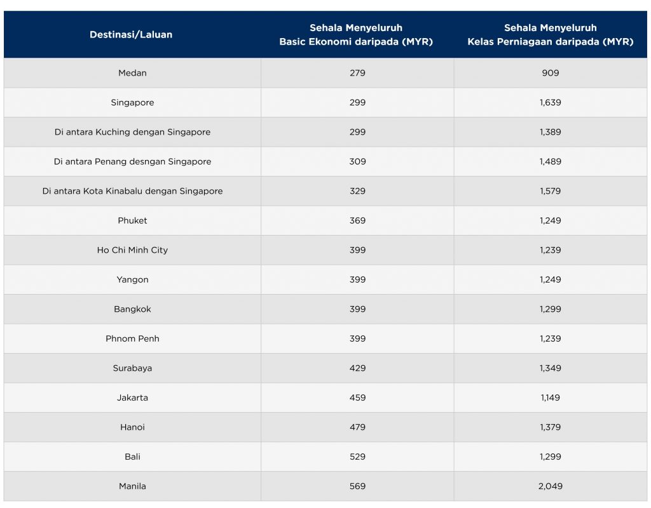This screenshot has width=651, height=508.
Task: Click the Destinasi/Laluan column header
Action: [131, 34]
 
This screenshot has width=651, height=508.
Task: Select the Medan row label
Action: [132, 73]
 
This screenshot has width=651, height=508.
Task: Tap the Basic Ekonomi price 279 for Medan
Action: [357, 73]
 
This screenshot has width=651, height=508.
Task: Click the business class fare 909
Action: [550, 73]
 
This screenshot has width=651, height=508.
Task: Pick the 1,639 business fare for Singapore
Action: [550, 102]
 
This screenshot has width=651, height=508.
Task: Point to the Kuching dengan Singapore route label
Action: [132, 132]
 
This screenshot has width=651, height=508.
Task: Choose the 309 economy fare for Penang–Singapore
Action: [357, 161]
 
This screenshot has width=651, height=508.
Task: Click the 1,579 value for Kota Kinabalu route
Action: [550, 190]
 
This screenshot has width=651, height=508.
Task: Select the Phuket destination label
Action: [132, 220]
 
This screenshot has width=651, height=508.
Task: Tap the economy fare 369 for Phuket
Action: [357, 220]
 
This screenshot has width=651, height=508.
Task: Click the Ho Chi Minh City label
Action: [132, 250]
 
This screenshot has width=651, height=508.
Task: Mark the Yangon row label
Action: [132, 279]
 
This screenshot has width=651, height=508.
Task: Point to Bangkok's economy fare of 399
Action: [357, 309]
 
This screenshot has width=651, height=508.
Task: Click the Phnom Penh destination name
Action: [132, 338]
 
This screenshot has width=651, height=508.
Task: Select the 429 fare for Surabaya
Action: [357, 368]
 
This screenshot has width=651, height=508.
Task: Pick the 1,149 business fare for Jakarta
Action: [550, 398]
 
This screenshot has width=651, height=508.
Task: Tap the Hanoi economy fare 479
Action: [357, 427]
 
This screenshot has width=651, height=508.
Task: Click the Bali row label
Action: [132, 457]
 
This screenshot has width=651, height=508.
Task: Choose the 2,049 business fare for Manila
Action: [550, 486]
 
